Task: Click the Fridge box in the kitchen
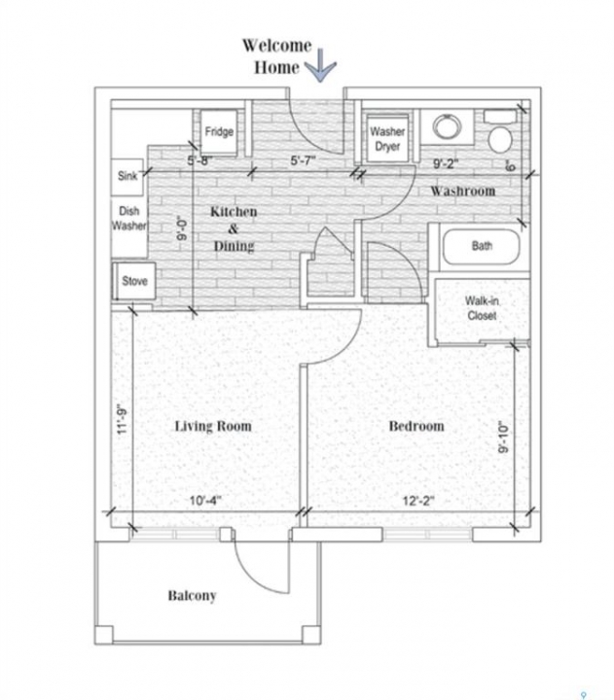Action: (219, 131)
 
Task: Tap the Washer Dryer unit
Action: (387, 138)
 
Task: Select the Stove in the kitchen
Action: (134, 281)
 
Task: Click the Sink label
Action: (127, 176)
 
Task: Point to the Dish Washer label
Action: (128, 219)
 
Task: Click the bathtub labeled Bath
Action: (482, 247)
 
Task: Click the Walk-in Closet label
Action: (482, 308)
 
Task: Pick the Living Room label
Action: (213, 427)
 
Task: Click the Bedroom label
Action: (416, 426)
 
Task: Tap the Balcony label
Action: (192, 596)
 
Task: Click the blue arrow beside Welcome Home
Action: (320, 66)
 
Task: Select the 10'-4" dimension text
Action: (205, 501)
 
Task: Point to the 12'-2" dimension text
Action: (418, 501)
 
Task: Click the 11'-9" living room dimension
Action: (123, 421)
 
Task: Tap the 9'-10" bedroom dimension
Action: (504, 437)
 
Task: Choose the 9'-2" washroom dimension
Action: (446, 164)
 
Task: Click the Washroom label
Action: (463, 192)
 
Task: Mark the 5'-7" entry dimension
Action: (304, 160)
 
